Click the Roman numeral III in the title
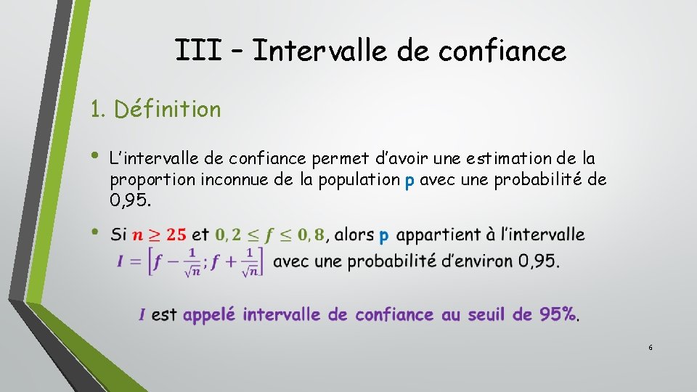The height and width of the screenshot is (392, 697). [x=198, y=51]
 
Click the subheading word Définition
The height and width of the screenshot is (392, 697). [x=168, y=110]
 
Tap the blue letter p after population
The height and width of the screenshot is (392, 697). [x=409, y=180]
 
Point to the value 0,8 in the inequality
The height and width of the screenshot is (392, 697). [x=309, y=234]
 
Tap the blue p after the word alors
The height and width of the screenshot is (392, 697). [x=384, y=236]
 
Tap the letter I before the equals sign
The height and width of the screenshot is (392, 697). [x=121, y=261]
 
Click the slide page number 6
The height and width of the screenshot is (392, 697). [x=651, y=348]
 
